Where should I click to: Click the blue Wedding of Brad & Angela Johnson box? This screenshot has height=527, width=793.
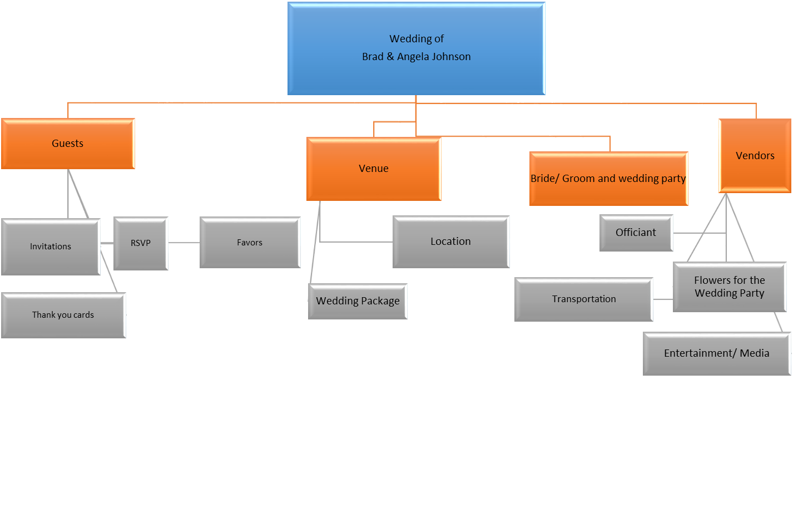(416, 48)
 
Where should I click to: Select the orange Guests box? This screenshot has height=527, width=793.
(68, 144)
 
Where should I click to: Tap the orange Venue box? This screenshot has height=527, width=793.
(374, 169)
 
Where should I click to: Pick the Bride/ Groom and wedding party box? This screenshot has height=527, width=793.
(608, 179)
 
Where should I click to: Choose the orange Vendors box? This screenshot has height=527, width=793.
(755, 156)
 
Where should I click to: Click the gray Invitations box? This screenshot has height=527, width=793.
(51, 247)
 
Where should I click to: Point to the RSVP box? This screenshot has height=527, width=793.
(141, 243)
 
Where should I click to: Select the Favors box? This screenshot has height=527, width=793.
(250, 243)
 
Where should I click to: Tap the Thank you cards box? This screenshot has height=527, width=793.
(63, 315)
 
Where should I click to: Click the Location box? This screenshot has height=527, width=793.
(450, 242)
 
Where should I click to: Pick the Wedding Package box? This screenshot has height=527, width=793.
(358, 301)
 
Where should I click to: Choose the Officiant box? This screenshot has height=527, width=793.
(636, 233)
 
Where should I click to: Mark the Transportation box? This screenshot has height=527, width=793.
(583, 299)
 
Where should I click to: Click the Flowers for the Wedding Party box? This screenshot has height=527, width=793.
(729, 287)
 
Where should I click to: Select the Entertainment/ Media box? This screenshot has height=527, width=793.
(716, 353)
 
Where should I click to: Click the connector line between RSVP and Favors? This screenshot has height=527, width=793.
(184, 243)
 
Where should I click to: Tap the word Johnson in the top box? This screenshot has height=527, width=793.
(451, 57)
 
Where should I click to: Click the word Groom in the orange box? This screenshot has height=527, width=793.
(578, 179)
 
